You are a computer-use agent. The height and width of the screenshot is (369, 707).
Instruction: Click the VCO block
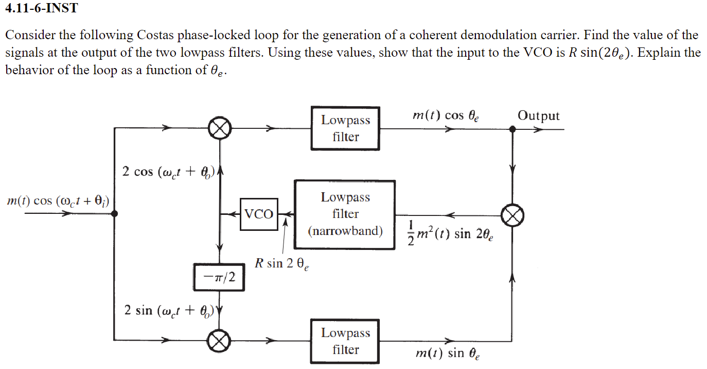pyautogui.click(x=259, y=214)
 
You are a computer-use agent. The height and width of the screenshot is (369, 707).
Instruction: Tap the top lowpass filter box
pyautogui.click(x=345, y=128)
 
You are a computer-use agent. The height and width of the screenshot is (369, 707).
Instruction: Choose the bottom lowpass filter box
pyautogui.click(x=345, y=341)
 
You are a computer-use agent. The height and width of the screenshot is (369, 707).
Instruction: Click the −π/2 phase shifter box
pyautogui.click(x=219, y=277)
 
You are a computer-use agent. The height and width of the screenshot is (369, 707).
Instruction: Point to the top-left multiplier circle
pyautogui.click(x=220, y=128)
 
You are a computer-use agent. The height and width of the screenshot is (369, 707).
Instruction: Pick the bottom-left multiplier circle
pyautogui.click(x=220, y=341)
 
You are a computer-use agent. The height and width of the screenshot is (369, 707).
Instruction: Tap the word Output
pyautogui.click(x=538, y=115)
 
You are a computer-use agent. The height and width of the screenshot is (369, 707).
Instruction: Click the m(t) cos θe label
pyautogui.click(x=446, y=116)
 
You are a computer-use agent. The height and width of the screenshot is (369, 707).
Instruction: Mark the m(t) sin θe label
pyautogui.click(x=446, y=354)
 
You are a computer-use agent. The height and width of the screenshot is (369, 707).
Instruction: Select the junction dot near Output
pyautogui.click(x=512, y=129)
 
